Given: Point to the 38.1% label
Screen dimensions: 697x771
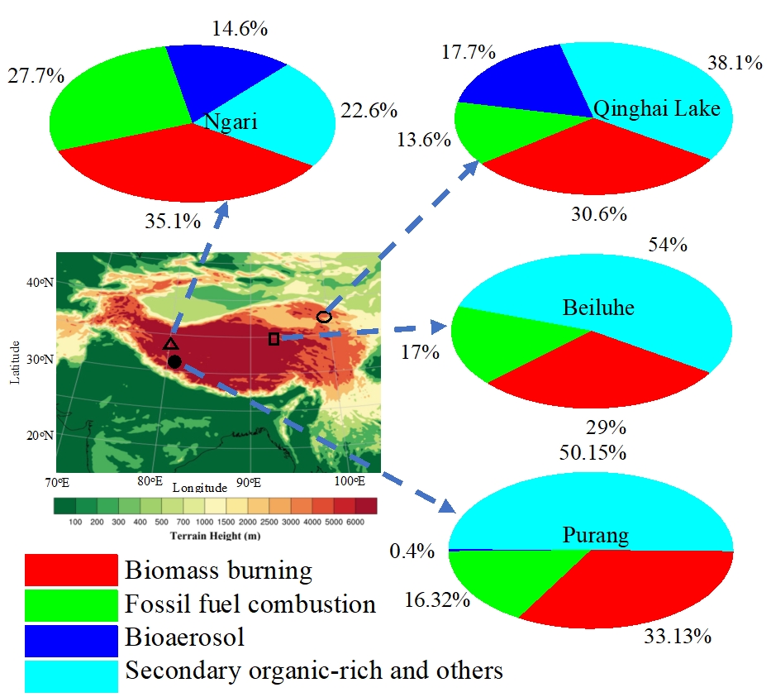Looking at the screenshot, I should tap(735, 62).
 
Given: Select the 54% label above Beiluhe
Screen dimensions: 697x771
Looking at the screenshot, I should tap(669, 245).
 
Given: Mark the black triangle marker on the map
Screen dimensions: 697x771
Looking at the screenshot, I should tap(170, 343).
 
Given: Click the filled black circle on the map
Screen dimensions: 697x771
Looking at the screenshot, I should tap(174, 362).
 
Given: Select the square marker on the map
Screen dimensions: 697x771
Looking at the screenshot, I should tap(274, 338).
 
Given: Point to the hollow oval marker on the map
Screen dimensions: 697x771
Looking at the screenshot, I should tap(324, 317).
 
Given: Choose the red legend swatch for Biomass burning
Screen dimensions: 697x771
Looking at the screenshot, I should tap(70, 570).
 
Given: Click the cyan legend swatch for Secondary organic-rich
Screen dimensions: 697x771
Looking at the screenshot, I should tap(70, 670).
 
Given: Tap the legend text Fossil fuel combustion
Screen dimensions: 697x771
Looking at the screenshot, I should tap(250, 604).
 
